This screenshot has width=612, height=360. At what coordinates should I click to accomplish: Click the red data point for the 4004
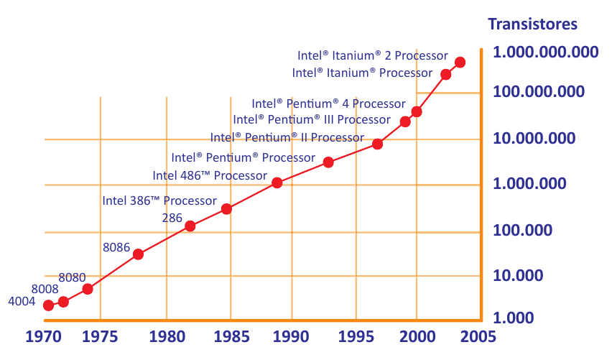pyautogui.click(x=49, y=305)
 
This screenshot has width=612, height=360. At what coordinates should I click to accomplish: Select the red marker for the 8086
pyautogui.click(x=139, y=254)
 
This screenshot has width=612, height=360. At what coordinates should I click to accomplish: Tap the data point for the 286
pyautogui.click(x=190, y=226)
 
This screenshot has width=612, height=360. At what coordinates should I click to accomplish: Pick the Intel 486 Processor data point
pyautogui.click(x=277, y=183)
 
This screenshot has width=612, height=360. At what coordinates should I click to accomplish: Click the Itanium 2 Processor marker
pyautogui.click(x=460, y=63)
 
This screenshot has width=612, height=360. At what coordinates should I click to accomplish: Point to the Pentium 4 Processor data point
pyautogui.click(x=417, y=111)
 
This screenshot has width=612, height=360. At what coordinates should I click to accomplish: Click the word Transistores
pyautogui.click(x=532, y=24)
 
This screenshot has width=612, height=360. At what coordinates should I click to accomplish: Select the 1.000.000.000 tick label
pyautogui.click(x=546, y=52)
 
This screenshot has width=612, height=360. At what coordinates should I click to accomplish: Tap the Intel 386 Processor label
pyautogui.click(x=159, y=200)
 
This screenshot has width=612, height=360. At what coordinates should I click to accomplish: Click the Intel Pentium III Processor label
pyautogui.click(x=312, y=119)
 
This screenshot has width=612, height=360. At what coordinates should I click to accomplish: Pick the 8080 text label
pyautogui.click(x=72, y=277)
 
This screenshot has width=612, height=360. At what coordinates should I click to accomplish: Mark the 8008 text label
pyautogui.click(x=45, y=289)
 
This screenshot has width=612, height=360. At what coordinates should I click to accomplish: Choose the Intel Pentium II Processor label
pyautogui.click(x=287, y=137)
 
